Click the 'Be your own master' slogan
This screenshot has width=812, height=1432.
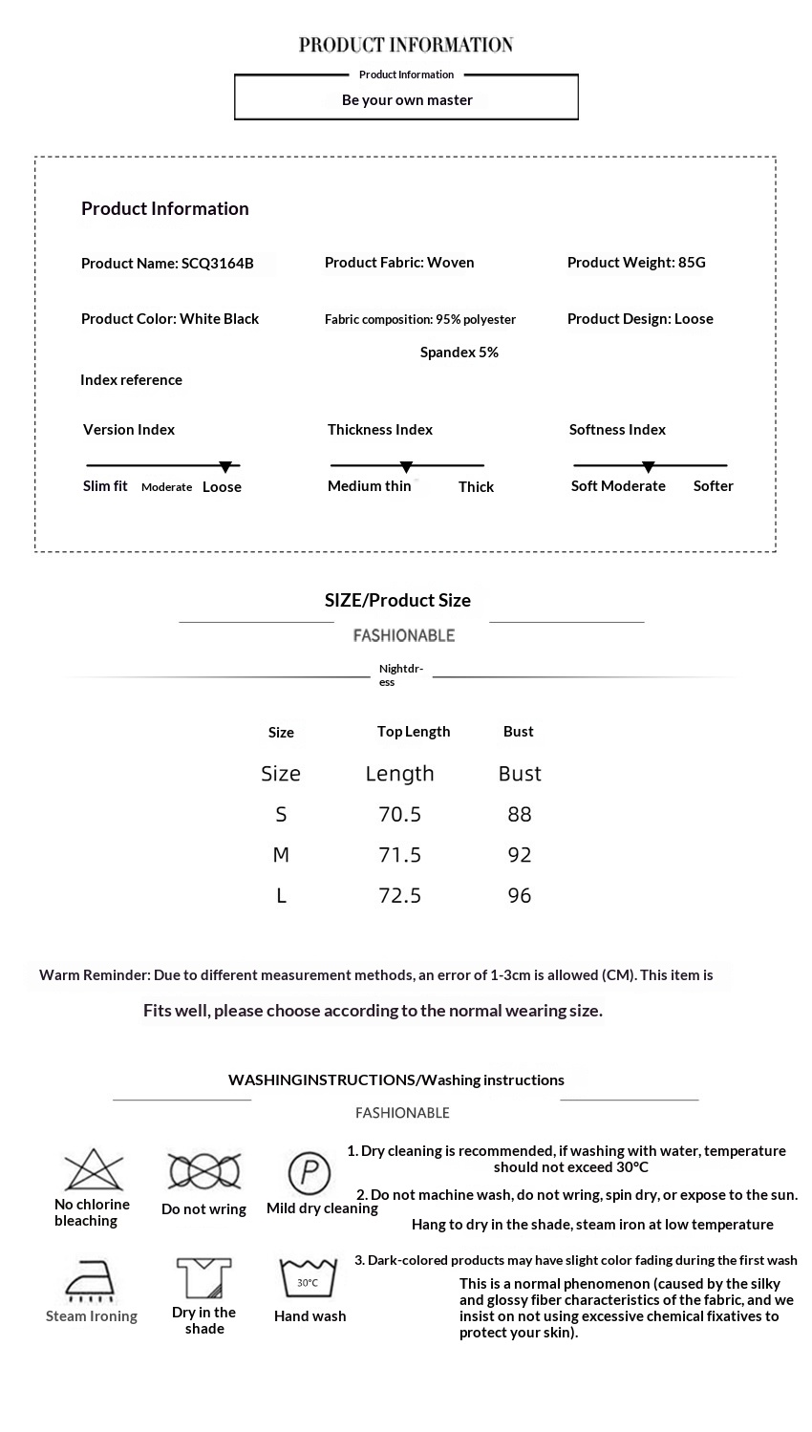pos(407,100)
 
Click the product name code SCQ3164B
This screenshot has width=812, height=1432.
pos(218,264)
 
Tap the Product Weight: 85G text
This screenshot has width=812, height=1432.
pos(636,263)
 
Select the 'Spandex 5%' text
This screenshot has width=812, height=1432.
pos(459,353)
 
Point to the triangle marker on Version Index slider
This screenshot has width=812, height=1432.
pos(225,467)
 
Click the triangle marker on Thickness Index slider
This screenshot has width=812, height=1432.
pos(406,467)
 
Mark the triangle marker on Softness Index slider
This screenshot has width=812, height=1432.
pos(649,467)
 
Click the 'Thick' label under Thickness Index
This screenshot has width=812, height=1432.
pos(476,487)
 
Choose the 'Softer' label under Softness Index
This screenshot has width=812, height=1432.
pos(714,486)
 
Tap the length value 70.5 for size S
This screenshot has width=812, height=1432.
pos(400,815)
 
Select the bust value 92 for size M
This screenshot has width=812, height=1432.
pos(520,855)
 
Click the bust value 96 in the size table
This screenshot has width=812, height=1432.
pos(520,896)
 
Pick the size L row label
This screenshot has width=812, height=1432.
pos(281,896)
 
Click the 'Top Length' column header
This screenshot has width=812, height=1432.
pos(414,732)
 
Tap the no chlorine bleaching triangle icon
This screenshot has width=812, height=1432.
pos(94,1170)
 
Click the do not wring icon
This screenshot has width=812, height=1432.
pos(204,1171)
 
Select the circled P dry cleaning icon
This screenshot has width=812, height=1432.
pos(310,1172)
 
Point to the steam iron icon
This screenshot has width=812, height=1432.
pos(90,1281)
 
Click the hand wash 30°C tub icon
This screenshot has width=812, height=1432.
pos(308,1278)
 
